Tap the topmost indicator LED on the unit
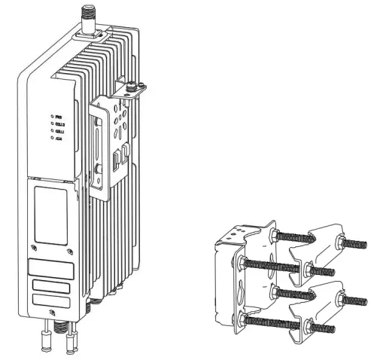click(51, 116)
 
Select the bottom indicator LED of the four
click(51, 139)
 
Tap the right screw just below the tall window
click(69, 251)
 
